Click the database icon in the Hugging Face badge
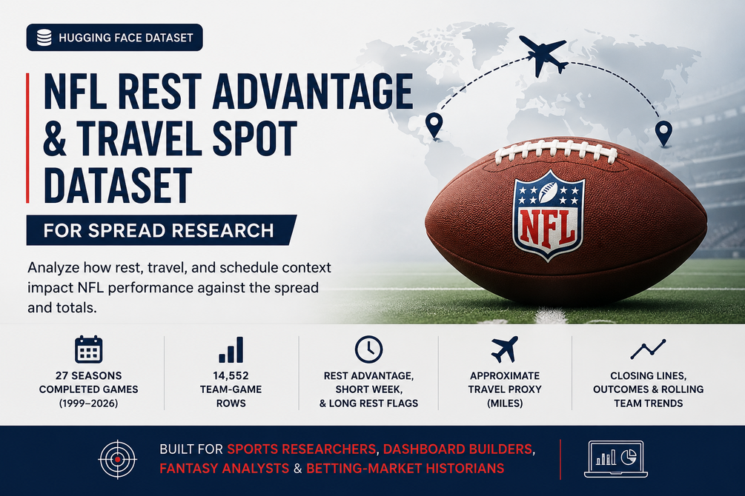coord(44,38)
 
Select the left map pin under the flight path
coord(434,125)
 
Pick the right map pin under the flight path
coord(663,133)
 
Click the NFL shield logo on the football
coord(549,215)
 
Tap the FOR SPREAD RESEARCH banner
coord(161,230)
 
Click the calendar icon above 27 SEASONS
coord(89,349)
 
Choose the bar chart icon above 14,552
coord(231,350)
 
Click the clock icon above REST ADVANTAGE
coord(368,349)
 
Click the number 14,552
coord(231,375)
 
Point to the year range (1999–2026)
coord(89,403)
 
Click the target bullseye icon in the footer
coord(117,459)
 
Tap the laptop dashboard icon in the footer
coord(616,459)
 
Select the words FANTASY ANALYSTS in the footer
coord(225,469)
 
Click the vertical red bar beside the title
coord(27,138)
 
